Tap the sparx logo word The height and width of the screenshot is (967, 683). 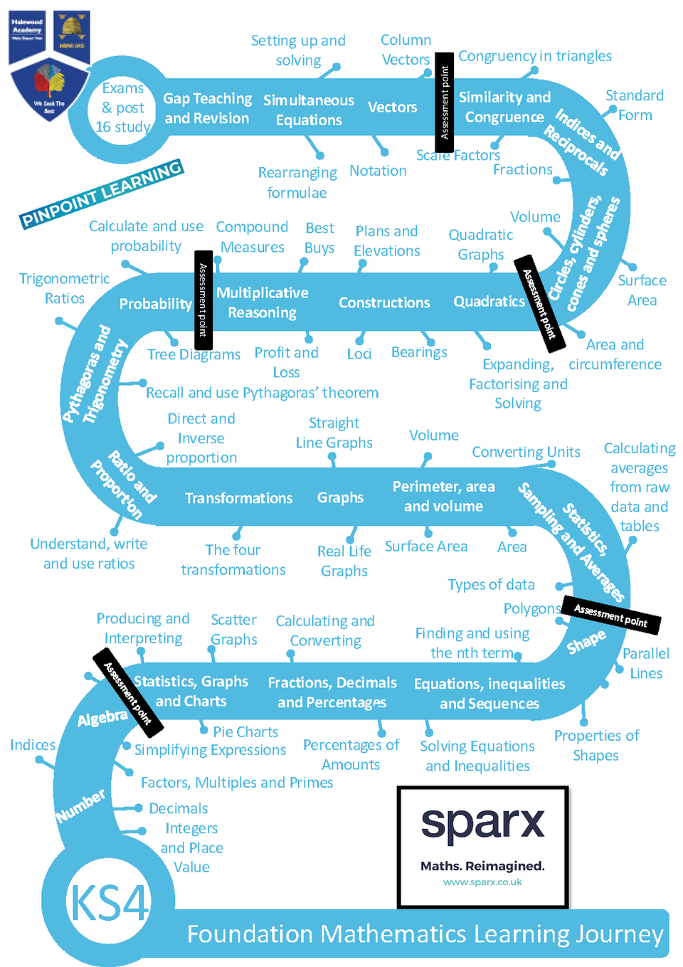coord(482,824)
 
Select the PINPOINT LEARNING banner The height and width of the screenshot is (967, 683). coord(102,194)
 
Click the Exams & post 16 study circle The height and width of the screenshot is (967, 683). coord(123,107)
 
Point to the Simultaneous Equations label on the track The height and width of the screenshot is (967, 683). coord(309,110)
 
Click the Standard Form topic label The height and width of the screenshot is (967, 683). coord(634,105)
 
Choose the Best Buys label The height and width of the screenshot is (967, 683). coord(319,238)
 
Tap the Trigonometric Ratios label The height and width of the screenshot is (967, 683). coord(64,288)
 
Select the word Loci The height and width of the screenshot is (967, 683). coord(359,354)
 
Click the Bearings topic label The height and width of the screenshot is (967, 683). coord(419,352)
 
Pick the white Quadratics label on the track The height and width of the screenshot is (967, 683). coord(489,302)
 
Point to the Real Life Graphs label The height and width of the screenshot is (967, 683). coord(344,561)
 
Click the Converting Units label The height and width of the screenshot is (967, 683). coord(526,452)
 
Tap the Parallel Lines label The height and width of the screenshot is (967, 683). coord(646,663)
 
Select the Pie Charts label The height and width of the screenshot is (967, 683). coord(245,731)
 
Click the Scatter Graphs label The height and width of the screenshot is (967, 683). coord(233,630)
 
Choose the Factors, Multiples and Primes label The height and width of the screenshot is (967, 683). coord(237,783)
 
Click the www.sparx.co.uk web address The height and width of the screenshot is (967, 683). coord(482,882)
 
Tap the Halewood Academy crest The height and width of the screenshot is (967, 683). coord(49,65)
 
